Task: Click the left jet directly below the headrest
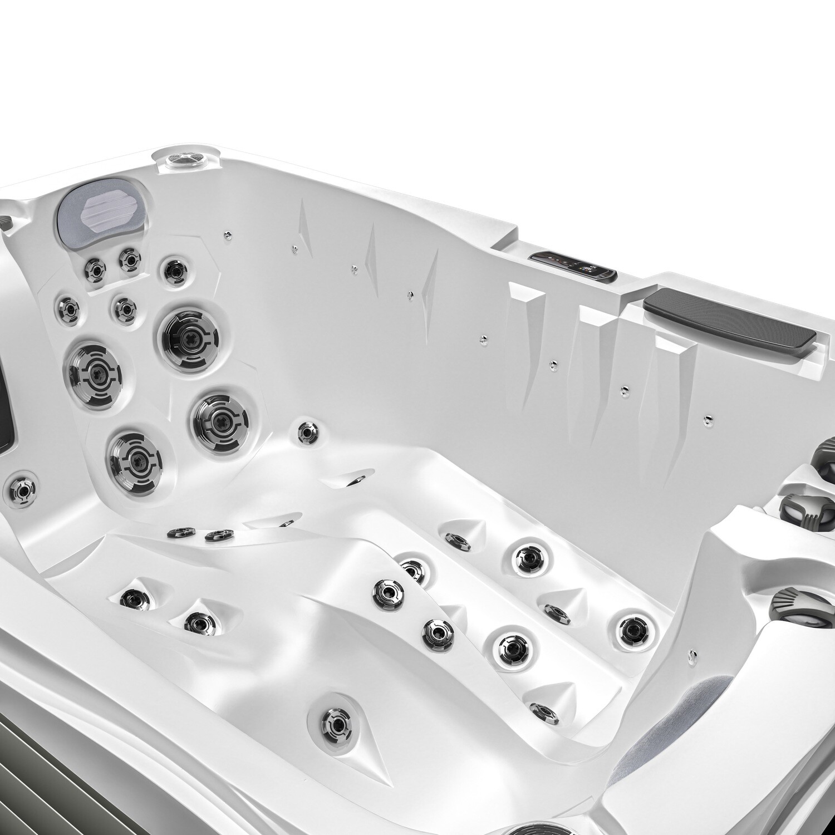coord(94,270)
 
